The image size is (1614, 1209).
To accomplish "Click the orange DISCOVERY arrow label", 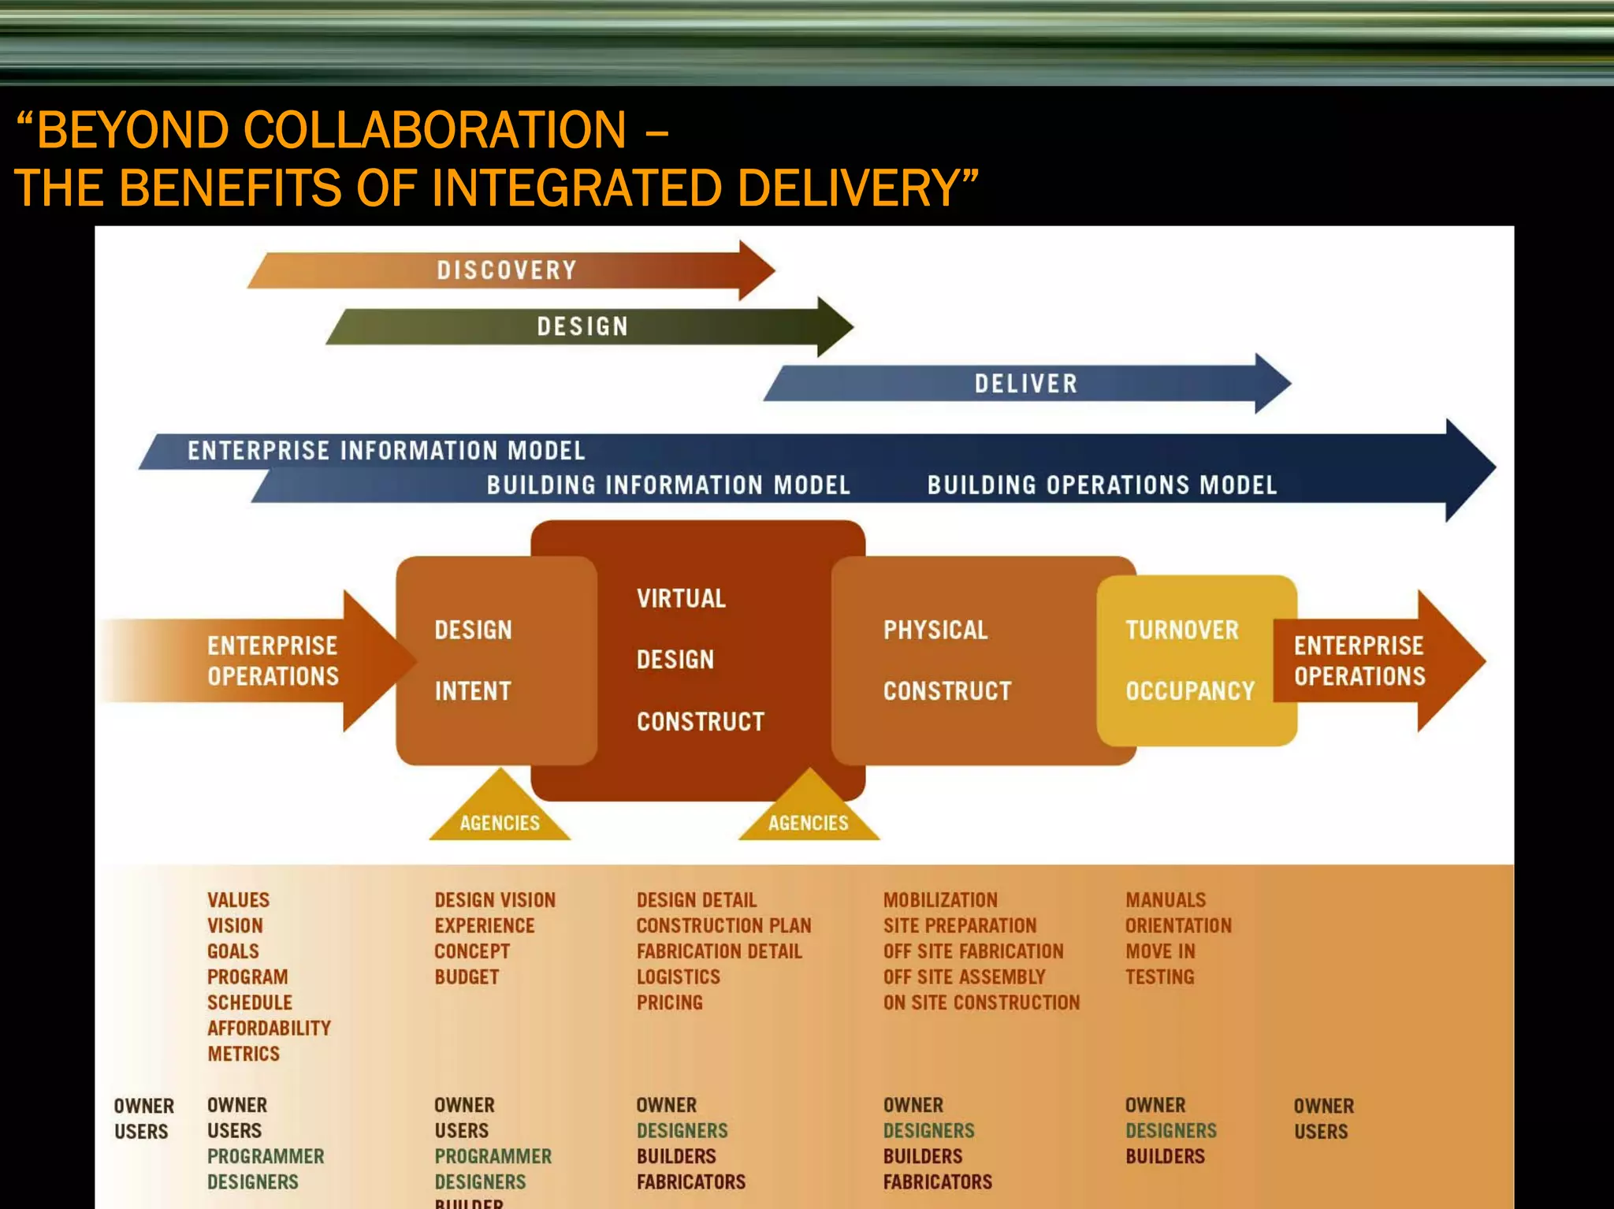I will tap(507, 270).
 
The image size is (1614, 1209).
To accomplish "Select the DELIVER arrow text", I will tap(1025, 384).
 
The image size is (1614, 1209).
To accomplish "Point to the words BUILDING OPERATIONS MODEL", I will tap(1102, 485).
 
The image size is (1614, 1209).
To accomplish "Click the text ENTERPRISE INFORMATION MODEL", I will tap(386, 451).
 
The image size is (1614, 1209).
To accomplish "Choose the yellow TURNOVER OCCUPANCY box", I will tap(1196, 660).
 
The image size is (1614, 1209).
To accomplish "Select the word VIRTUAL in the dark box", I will tap(682, 598).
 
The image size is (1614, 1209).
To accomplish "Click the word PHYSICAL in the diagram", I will tap(935, 630).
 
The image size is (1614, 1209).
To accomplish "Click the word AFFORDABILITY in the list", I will tap(269, 1028).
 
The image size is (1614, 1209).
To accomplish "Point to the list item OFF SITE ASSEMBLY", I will tap(964, 976).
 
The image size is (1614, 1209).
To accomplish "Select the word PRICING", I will tap(670, 1003).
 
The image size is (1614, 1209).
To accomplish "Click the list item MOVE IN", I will tap(1160, 951).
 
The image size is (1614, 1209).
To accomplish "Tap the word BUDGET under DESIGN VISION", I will tap(467, 976).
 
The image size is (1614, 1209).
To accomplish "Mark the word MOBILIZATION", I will tap(940, 900).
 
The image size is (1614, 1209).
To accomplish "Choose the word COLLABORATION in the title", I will tap(435, 129).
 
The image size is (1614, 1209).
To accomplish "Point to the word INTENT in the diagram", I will tap(473, 691).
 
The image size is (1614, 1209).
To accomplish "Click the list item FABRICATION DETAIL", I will tap(719, 951).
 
